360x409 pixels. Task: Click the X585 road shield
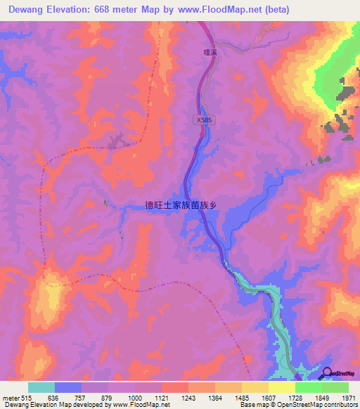[202, 120]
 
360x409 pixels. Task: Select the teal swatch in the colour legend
[41, 387]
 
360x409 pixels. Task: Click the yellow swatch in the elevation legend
[282, 387]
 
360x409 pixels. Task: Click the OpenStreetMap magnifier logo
[328, 373]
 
